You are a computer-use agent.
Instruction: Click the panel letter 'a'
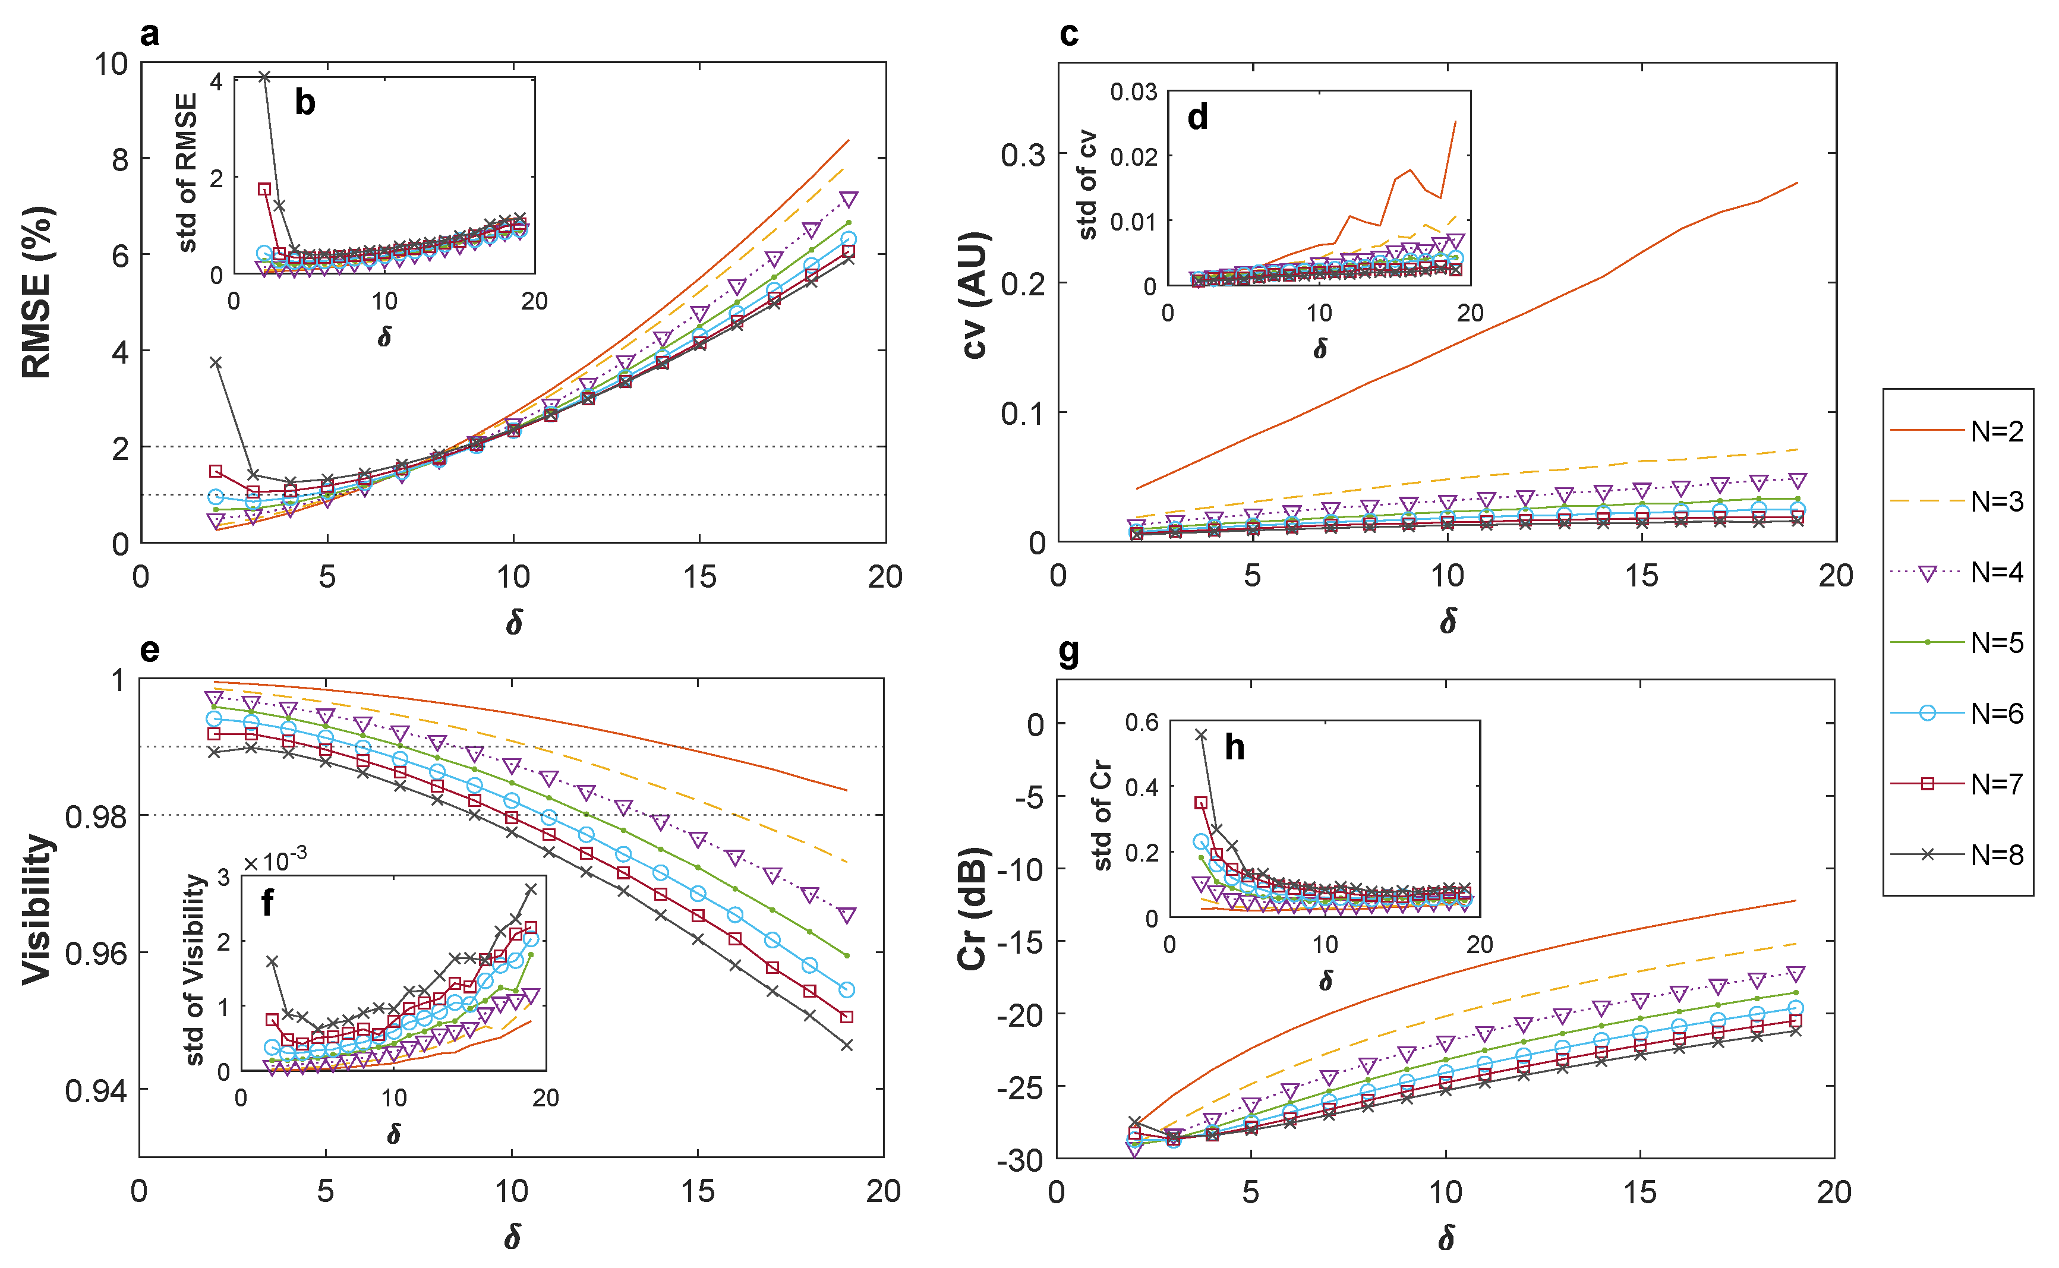click(150, 35)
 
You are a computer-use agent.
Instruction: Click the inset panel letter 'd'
click(1197, 118)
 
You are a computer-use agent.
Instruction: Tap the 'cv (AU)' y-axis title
click(975, 295)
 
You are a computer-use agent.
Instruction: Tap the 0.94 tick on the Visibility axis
click(96, 1091)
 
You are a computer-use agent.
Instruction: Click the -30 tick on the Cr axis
click(1020, 1160)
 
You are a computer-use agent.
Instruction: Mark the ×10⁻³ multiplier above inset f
click(275, 860)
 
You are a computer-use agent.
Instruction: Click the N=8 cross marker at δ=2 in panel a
click(216, 362)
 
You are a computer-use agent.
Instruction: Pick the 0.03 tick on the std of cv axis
click(1134, 92)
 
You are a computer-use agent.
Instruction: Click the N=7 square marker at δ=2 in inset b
click(264, 189)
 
